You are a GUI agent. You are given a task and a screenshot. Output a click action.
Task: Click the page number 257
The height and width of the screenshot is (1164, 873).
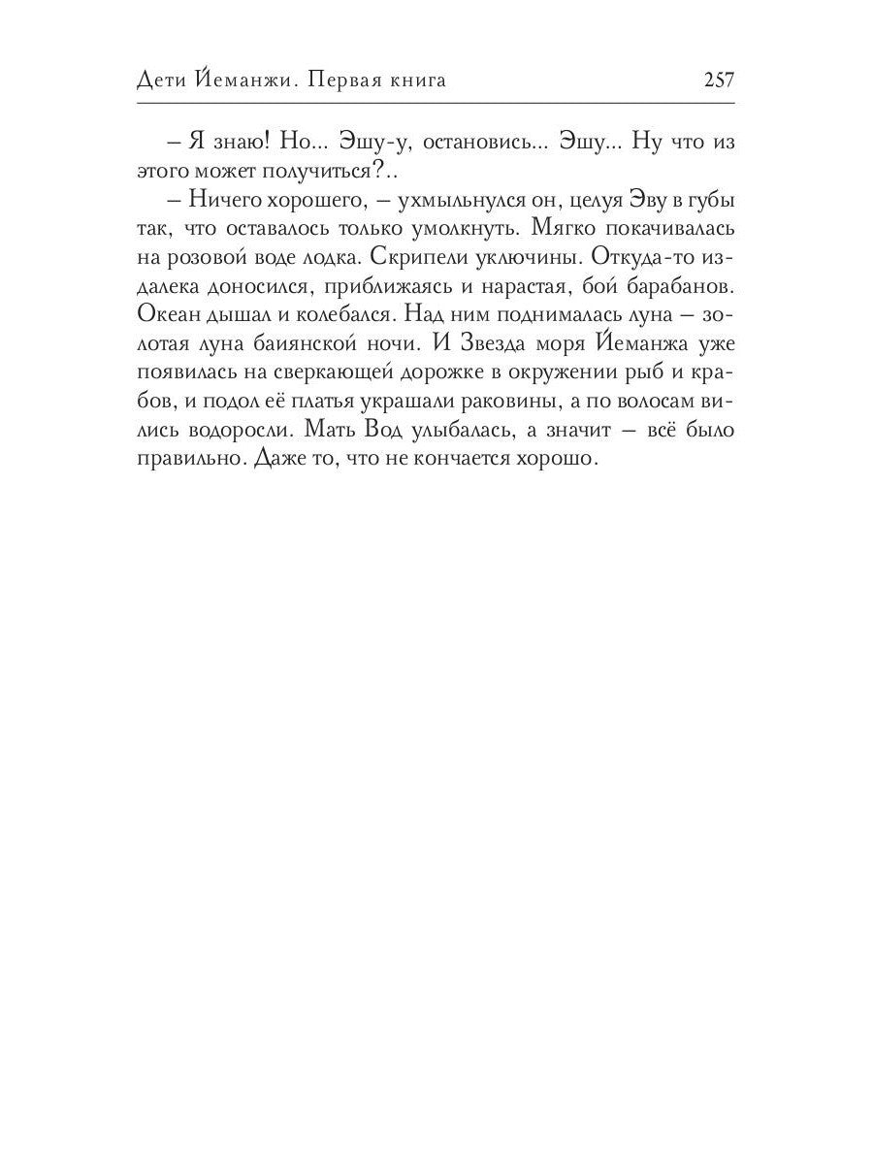pos(719,81)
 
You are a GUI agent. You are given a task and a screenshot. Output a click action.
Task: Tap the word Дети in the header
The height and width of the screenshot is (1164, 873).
pos(160,81)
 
